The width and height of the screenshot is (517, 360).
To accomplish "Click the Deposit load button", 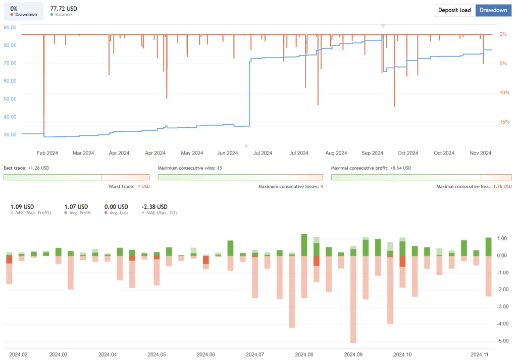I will [x=454, y=10].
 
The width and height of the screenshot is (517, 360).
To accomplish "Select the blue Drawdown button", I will [x=493, y=10].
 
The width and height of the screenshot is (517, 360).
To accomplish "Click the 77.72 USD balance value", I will [x=64, y=9].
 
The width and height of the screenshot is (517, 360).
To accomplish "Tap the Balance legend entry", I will [x=63, y=15].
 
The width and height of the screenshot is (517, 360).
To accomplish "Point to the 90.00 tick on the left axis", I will [x=10, y=27].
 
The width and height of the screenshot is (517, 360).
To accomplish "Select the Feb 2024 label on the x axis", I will [x=47, y=153].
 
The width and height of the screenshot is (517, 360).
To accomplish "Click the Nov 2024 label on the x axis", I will [x=480, y=153].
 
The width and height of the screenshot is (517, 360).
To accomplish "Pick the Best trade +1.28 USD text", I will [x=26, y=168].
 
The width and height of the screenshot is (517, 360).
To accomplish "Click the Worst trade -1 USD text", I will [x=129, y=186].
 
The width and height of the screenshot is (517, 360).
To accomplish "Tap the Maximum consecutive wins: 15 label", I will [x=190, y=168].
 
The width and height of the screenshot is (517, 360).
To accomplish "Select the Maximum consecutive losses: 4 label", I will [x=290, y=186].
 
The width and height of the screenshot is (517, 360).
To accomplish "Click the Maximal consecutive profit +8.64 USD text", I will [x=371, y=168].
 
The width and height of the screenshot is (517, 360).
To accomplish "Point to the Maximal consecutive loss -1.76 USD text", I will [x=474, y=186].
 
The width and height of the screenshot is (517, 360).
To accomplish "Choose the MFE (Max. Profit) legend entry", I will [x=33, y=213].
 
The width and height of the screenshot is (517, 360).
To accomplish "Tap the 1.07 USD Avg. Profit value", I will [x=76, y=207].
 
